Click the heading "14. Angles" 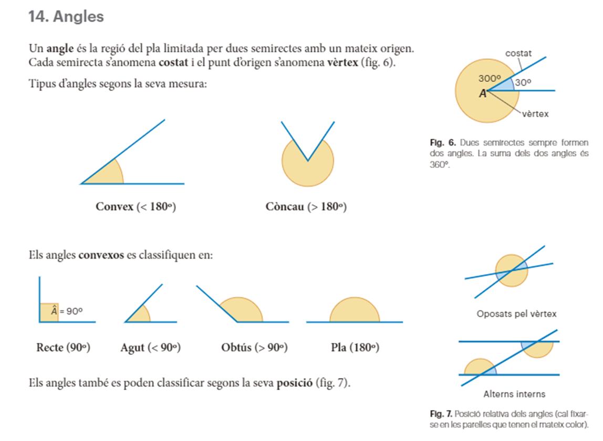tap(66, 17)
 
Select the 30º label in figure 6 tap(523, 82)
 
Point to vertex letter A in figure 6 tap(482, 93)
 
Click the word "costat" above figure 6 tap(518, 54)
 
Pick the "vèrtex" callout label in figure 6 tap(536, 114)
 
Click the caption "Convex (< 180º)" tap(136, 206)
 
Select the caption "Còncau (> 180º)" tap(306, 206)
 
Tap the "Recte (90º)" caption tap(64, 348)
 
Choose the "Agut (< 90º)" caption tap(150, 348)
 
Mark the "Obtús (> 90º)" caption tap(255, 348)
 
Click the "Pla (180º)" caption tap(355, 348)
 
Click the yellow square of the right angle tap(47, 312)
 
